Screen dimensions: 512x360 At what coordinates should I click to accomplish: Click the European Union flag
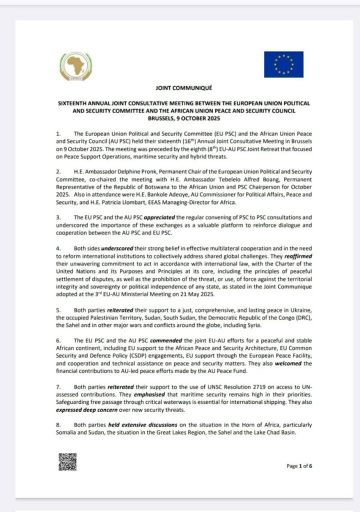coord(283,64)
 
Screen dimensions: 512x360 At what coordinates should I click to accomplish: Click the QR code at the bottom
coord(67,461)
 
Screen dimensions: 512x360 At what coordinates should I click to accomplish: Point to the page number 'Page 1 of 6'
coord(299,466)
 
